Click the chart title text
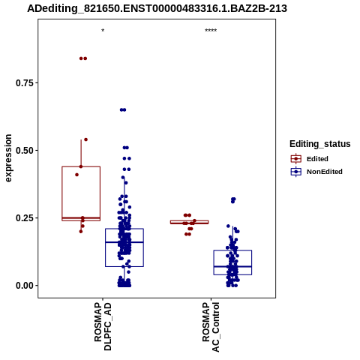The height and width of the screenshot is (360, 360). (157, 8)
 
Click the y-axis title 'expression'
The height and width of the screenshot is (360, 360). (8, 158)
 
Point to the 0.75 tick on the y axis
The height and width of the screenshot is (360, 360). (25, 82)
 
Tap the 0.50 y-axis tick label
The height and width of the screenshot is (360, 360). (25, 151)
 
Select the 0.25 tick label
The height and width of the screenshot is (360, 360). (25, 218)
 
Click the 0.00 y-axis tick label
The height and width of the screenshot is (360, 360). (25, 286)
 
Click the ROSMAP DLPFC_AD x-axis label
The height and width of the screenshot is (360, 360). (103, 326)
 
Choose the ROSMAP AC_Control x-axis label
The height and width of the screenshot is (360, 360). (211, 327)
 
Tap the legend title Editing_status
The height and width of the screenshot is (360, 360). (320, 144)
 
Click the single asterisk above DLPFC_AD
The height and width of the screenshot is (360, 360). (103, 31)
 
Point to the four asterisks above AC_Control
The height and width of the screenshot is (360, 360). (211, 31)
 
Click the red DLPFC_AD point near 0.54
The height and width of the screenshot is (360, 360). (85, 139)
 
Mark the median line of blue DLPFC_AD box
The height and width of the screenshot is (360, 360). (124, 242)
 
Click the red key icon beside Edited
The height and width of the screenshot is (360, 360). (296, 159)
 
